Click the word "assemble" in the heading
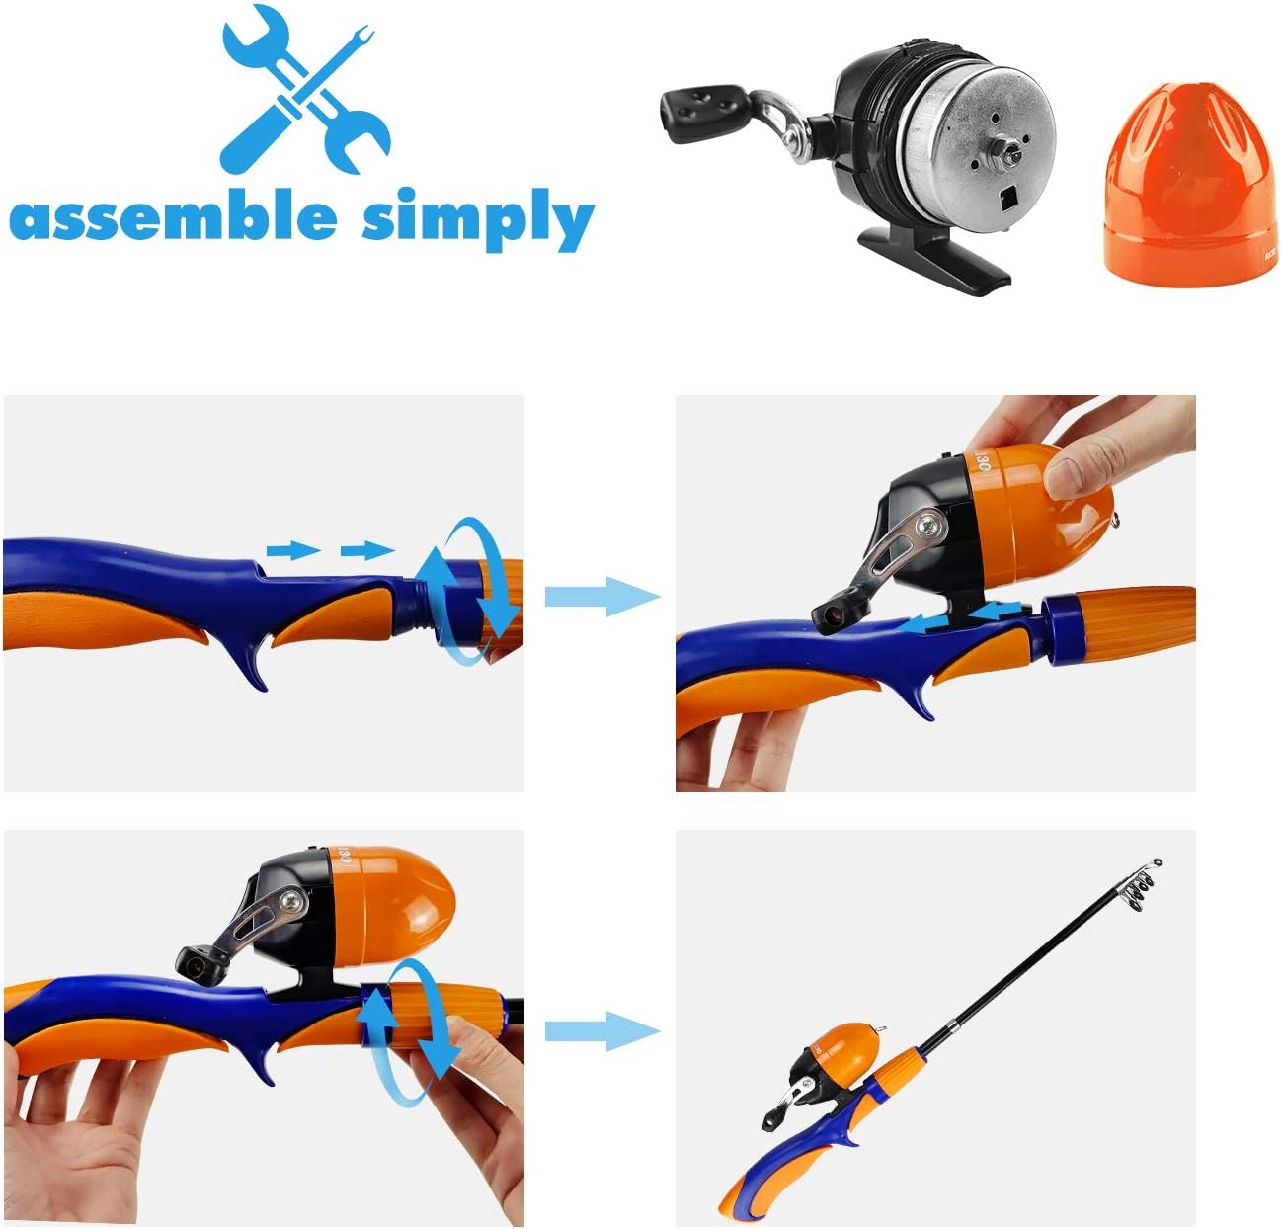(x=173, y=217)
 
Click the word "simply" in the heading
(x=477, y=219)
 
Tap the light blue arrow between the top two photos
(x=601, y=596)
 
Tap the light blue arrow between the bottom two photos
(x=601, y=1031)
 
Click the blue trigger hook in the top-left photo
(x=251, y=664)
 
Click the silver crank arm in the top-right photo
(x=894, y=552)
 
